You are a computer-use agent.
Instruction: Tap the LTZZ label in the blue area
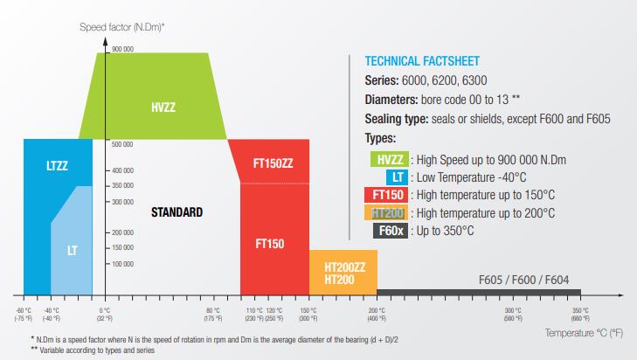tap(57, 164)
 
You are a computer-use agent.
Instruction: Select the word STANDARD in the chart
tap(177, 212)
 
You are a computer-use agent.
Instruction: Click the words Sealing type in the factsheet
tap(392, 118)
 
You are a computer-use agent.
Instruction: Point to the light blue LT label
tap(73, 250)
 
